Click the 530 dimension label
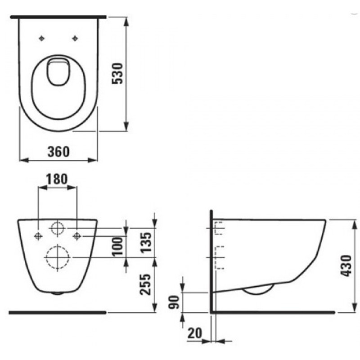tap(117, 73)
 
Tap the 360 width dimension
tap(58, 152)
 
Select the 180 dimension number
tap(57, 179)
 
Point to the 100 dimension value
tap(117, 247)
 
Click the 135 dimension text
tap(146, 243)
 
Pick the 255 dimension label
tap(146, 284)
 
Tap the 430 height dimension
tap(346, 265)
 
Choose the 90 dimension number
tap(174, 302)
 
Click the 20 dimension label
tap(195, 333)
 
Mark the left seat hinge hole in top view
tap(41, 38)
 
